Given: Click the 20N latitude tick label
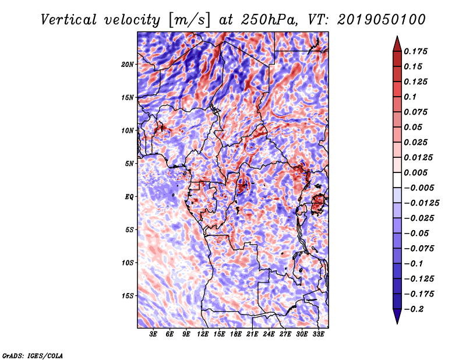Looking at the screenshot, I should point(128,64).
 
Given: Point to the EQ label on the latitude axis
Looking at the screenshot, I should point(129,197).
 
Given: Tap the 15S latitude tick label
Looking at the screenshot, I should point(128,296).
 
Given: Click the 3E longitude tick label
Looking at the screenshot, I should point(154,335).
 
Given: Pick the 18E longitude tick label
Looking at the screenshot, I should point(236,335).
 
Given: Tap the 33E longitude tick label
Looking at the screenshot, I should point(318,335).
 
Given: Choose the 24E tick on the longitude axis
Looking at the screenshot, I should point(269,335).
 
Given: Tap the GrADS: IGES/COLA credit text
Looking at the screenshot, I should point(32,355).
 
